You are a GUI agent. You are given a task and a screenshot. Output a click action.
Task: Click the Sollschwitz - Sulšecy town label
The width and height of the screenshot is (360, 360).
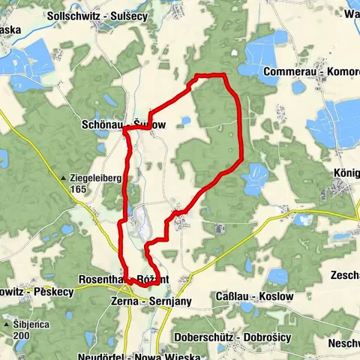pyautogui.click(x=87, y=15)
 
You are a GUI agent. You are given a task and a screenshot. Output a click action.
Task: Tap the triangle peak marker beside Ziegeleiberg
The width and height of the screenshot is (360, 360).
pyautogui.click(x=64, y=178)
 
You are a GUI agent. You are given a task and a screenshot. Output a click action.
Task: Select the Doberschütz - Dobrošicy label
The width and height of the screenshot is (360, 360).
pyautogui.click(x=232, y=337)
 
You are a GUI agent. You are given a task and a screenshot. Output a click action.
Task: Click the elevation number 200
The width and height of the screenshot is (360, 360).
pyautogui.click(x=22, y=334)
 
